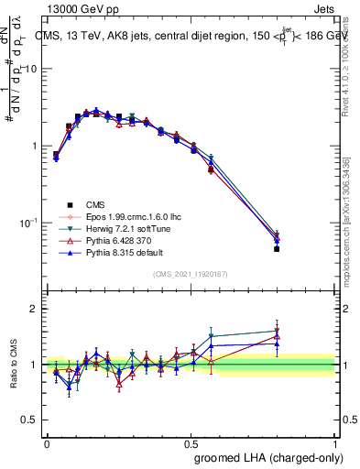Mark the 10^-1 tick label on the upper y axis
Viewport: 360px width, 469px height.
28,222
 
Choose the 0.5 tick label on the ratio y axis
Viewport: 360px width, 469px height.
31,420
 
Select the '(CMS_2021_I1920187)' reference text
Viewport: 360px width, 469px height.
191,274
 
